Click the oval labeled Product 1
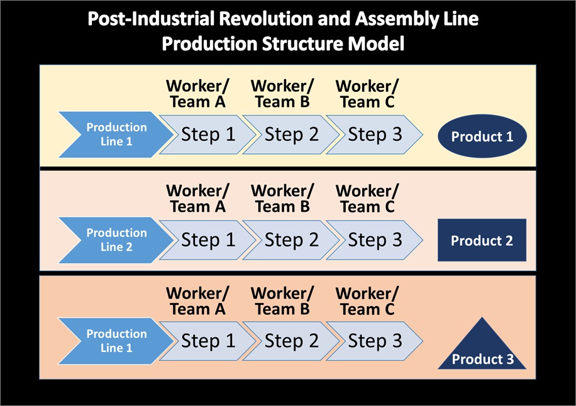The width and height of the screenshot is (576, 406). click(x=482, y=136)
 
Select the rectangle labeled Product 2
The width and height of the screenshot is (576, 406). click(x=482, y=241)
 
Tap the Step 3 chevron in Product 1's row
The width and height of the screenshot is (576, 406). click(x=374, y=134)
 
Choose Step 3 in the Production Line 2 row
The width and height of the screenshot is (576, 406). click(x=374, y=240)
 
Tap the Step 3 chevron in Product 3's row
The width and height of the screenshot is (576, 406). click(x=374, y=341)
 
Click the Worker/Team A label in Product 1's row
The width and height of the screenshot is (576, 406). click(x=197, y=94)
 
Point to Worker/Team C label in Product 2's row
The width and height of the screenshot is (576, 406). click(x=367, y=199)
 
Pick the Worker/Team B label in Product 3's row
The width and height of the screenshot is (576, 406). click(x=282, y=301)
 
